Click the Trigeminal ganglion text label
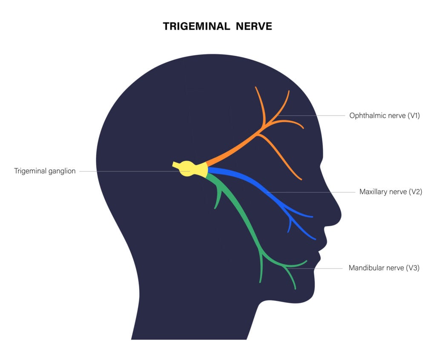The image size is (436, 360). (x=45, y=171)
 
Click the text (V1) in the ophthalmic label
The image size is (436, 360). (x=413, y=115)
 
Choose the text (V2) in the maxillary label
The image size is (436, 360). (x=415, y=192)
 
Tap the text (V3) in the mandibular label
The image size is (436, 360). (x=413, y=268)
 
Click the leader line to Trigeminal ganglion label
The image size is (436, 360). (x=128, y=171)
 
